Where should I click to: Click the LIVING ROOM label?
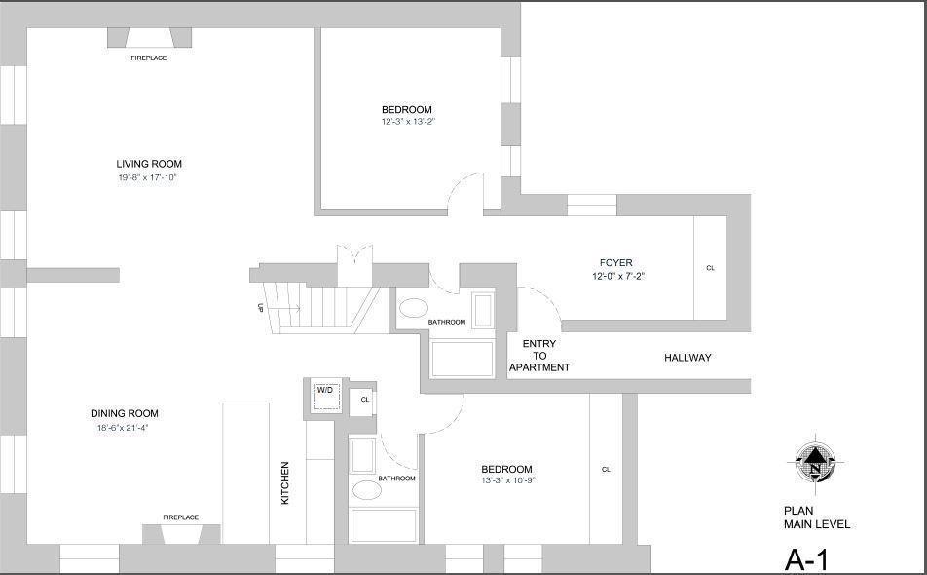[x=149, y=164]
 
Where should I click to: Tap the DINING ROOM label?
[x=125, y=413]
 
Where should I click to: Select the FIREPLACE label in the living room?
[x=149, y=58]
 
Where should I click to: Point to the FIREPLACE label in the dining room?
[x=180, y=517]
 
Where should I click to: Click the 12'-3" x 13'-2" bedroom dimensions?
[x=407, y=122]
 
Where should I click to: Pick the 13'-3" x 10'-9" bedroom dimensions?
[x=507, y=480]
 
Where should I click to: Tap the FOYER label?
[x=615, y=263]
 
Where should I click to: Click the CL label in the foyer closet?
[x=710, y=268]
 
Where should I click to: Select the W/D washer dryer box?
[x=324, y=391]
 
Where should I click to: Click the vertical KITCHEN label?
[x=285, y=482]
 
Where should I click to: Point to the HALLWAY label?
[x=687, y=358]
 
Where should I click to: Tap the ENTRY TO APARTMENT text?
[x=539, y=356]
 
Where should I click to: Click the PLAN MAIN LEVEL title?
[x=816, y=517]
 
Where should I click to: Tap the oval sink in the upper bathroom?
[x=413, y=308]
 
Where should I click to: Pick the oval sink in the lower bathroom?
[x=366, y=489]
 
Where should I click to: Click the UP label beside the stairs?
[x=260, y=308]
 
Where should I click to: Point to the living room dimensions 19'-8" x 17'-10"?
[x=148, y=178]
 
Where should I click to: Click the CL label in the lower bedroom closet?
[x=606, y=470]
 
